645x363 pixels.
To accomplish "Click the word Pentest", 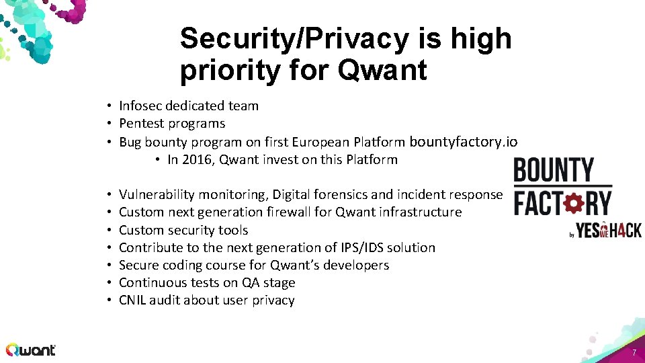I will click(x=141, y=124).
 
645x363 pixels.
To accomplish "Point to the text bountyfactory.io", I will click(x=464, y=141).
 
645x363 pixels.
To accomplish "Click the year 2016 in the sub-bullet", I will click(x=195, y=160).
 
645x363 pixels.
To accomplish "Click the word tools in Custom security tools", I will click(x=233, y=230).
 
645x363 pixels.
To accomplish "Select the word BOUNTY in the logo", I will click(x=554, y=170).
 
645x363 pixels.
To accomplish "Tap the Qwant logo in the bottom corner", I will click(x=31, y=350).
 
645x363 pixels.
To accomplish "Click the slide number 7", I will click(x=633, y=353).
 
